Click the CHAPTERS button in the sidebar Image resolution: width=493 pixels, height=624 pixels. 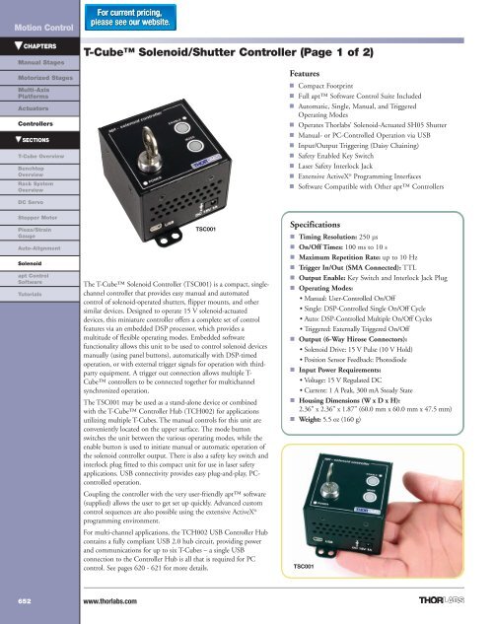pyautogui.click(x=35, y=45)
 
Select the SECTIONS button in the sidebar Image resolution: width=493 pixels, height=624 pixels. pyautogui.click(x=35, y=141)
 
